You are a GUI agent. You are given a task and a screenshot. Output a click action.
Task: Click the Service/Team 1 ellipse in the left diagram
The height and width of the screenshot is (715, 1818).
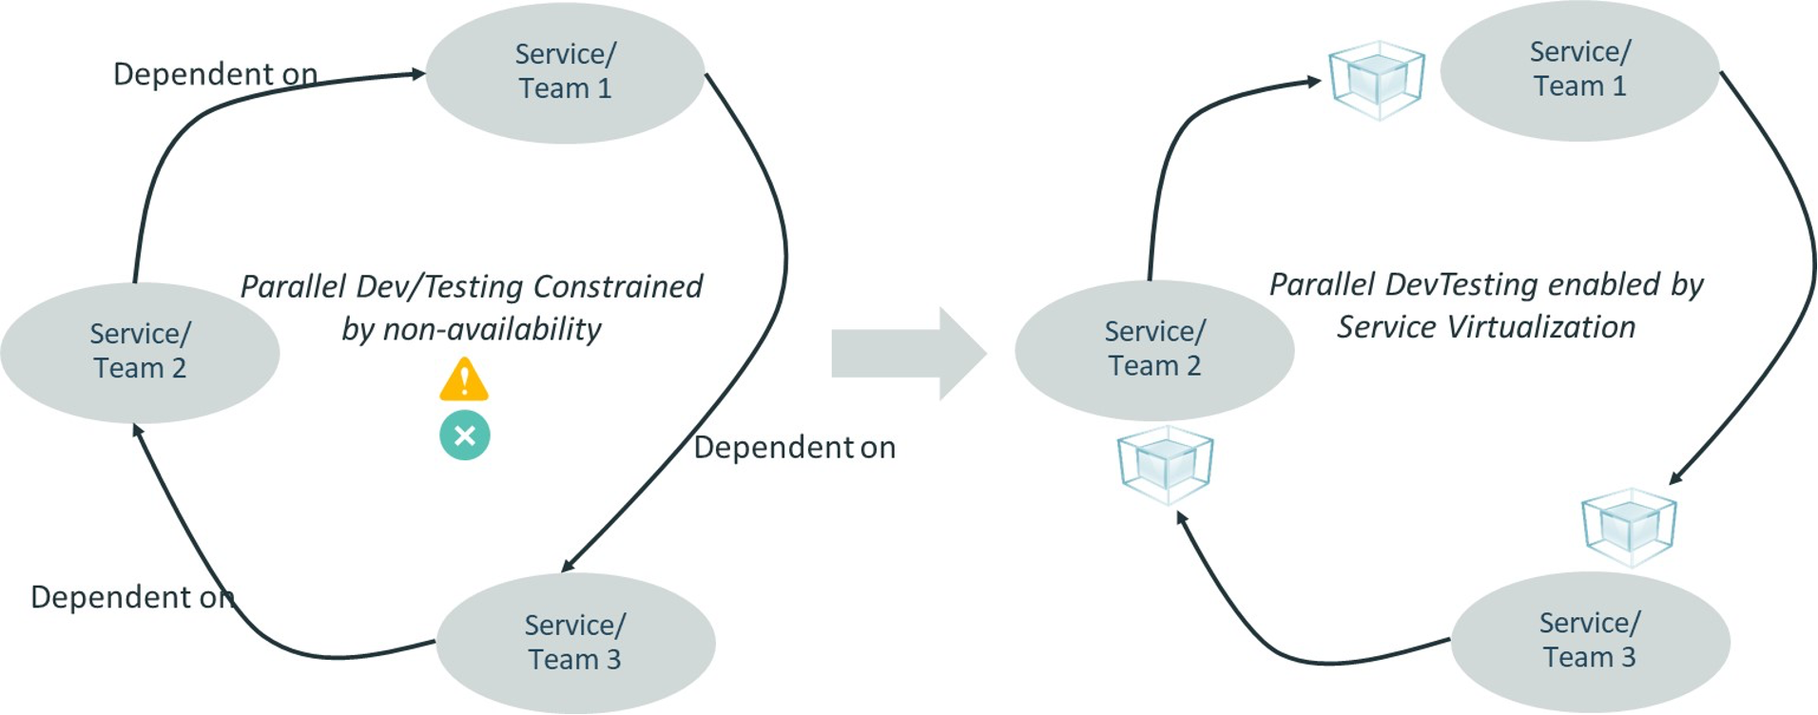click(x=565, y=72)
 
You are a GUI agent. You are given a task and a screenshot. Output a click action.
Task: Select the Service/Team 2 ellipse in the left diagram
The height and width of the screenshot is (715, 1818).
click(x=140, y=352)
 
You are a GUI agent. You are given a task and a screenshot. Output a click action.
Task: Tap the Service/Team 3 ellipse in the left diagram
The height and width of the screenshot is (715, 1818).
click(x=575, y=642)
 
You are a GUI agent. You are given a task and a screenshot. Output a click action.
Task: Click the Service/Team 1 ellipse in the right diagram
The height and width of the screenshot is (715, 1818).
click(x=1579, y=70)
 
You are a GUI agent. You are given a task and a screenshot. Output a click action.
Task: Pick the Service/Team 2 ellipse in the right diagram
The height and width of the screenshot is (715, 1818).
click(x=1154, y=349)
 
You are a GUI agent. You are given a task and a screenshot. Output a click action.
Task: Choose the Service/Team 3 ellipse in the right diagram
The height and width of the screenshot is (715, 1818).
click(x=1590, y=640)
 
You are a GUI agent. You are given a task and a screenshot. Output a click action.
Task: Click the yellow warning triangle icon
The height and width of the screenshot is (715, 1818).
click(x=464, y=379)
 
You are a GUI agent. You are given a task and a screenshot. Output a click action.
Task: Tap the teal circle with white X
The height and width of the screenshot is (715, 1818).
click(x=465, y=435)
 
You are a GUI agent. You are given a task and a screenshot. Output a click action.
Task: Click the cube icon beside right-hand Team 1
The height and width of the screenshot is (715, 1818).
click(x=1376, y=80)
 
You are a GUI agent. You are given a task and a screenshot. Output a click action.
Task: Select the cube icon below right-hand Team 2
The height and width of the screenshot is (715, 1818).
click(x=1165, y=465)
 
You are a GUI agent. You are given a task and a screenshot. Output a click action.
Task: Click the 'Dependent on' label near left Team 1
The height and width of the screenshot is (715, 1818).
click(x=216, y=74)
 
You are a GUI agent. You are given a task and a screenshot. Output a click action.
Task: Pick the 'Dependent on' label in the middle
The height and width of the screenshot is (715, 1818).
click(x=794, y=447)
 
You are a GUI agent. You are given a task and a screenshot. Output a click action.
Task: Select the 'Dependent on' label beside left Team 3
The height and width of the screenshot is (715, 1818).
click(x=131, y=597)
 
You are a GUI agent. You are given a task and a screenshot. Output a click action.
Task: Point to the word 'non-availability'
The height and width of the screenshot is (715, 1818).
click(x=492, y=329)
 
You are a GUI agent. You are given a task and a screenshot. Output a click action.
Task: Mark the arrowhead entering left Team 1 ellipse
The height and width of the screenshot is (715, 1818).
click(x=417, y=73)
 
